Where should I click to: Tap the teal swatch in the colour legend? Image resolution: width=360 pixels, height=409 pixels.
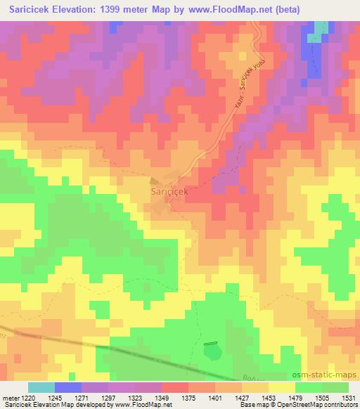coord(41,387)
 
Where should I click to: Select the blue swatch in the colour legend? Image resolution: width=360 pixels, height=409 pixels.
coord(67,387)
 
